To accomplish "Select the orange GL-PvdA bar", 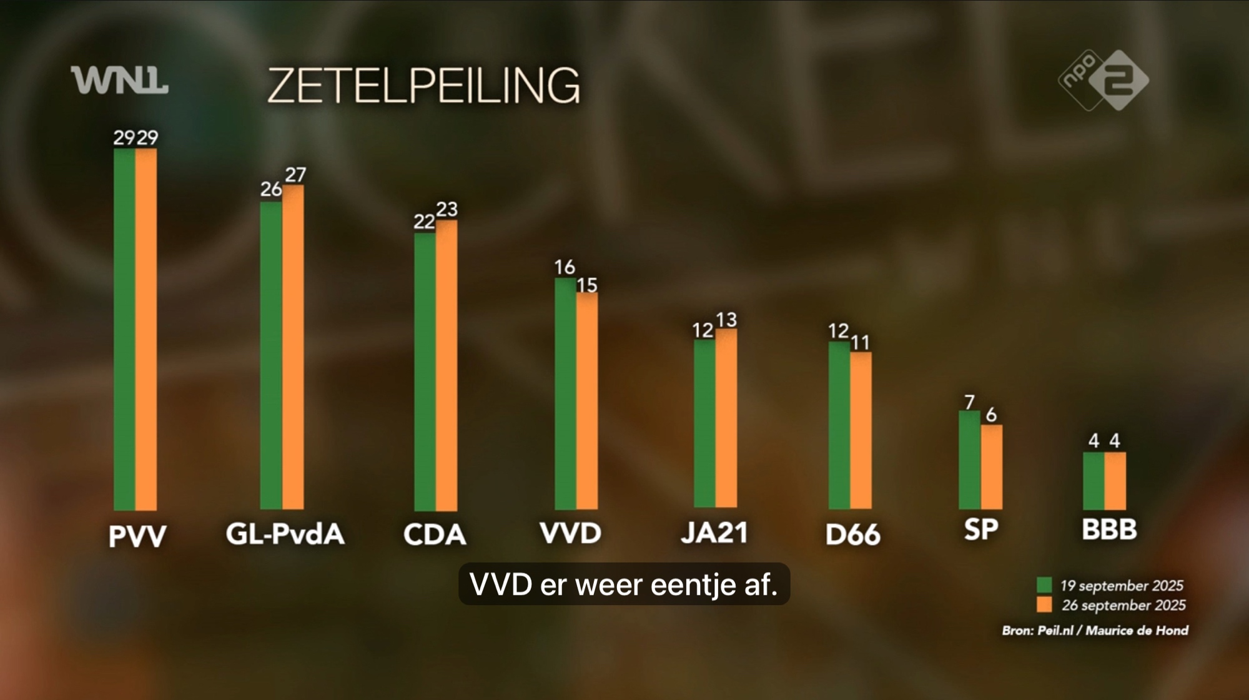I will click(293, 347).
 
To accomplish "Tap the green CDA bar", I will click(425, 372).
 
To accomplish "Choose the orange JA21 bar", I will click(726, 418).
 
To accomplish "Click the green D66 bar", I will click(839, 425).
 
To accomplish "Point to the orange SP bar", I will click(992, 466).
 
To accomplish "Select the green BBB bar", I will click(1093, 481).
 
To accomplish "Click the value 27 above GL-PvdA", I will click(295, 174).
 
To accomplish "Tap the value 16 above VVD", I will click(565, 267).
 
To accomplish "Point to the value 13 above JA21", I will click(726, 320).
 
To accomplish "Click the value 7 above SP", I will click(969, 402).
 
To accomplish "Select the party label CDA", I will click(435, 535).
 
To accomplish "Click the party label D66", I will click(852, 535).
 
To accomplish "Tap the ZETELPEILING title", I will click(424, 86).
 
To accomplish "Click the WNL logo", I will click(119, 81).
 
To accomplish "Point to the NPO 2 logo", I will click(1103, 80).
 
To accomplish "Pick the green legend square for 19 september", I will click(1044, 585).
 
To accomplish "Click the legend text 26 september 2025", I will click(1123, 605).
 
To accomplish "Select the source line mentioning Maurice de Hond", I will click(1095, 631).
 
